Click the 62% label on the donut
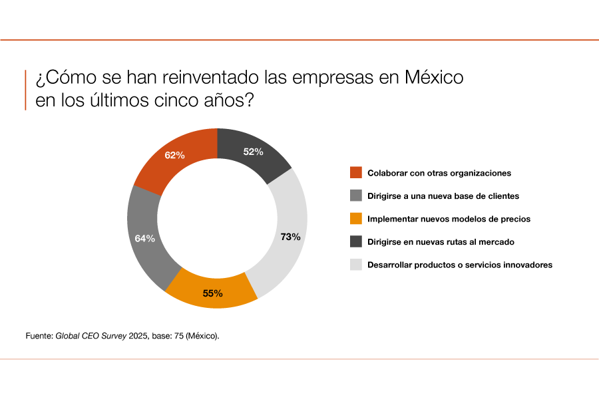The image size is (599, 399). coord(174,156)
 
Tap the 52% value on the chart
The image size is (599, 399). coord(253,152)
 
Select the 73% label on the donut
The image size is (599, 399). coord(290,237)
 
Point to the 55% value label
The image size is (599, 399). coord(212,293)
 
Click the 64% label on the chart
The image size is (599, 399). coord(144,238)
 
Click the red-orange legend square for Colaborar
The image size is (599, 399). coord(356,173)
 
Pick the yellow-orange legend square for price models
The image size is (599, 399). coord(356,219)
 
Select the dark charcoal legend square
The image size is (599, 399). coord(356,241)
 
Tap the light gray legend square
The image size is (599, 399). coord(356,265)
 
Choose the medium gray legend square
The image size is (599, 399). coord(356,196)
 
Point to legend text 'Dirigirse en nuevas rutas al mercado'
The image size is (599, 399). coord(441,242)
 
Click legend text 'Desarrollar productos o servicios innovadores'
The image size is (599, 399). coord(460,265)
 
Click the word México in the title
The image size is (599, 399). coord(434,78)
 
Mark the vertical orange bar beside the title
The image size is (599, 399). coord(26,90)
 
